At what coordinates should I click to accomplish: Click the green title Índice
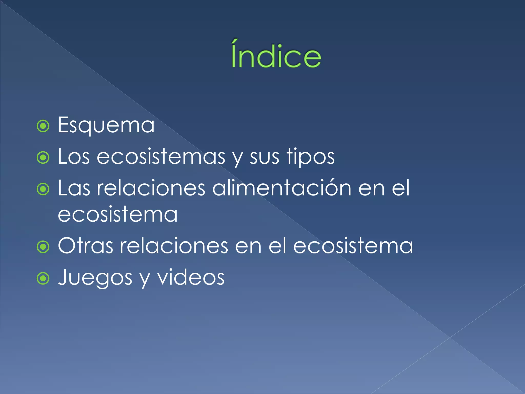(276, 55)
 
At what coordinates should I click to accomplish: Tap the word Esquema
(106, 125)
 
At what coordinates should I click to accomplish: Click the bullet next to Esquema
(43, 126)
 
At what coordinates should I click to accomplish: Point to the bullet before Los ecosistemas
(43, 158)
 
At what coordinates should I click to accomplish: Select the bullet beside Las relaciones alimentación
(43, 189)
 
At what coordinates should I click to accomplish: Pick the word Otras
(85, 246)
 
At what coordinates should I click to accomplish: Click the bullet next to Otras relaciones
(43, 247)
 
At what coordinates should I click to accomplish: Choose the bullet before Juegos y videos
(43, 278)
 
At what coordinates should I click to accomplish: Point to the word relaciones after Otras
(174, 246)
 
